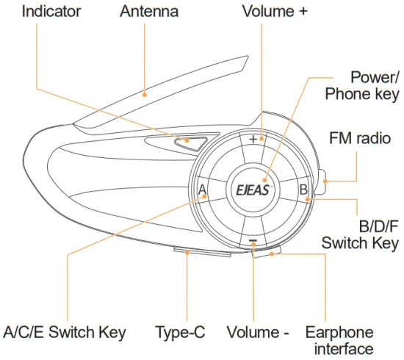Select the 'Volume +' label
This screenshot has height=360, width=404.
pyautogui.click(x=274, y=12)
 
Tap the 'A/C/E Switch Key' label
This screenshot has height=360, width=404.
pyautogui.click(x=65, y=333)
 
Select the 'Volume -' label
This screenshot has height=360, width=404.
pyautogui.click(x=258, y=333)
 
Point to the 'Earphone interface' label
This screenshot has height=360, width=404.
pyautogui.click(x=339, y=340)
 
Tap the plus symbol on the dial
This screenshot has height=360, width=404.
pyautogui.click(x=253, y=139)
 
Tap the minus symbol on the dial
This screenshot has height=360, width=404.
pyautogui.click(x=253, y=240)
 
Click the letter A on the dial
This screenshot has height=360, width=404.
pyautogui.click(x=203, y=190)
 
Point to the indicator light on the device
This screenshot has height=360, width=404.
pyautogui.click(x=188, y=142)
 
